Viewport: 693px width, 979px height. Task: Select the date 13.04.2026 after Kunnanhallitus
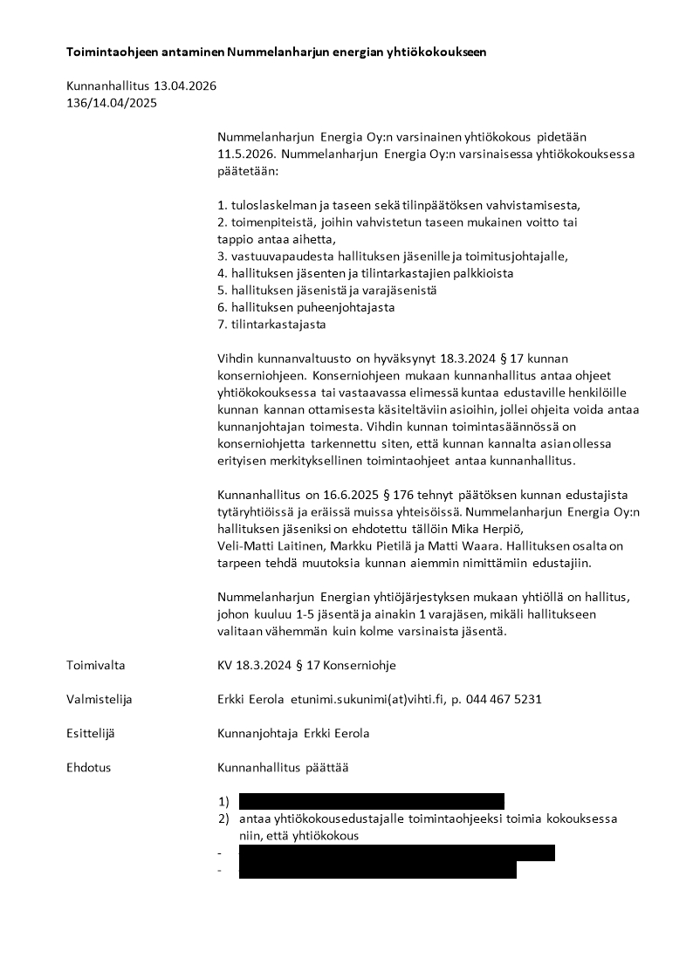185,86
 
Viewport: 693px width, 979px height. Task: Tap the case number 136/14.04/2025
112,103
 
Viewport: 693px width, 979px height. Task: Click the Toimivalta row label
95,666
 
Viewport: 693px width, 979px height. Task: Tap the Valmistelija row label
99,700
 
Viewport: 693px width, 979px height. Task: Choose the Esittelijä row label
91,734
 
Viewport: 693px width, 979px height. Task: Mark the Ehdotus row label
88,768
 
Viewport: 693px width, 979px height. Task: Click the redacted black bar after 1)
371,801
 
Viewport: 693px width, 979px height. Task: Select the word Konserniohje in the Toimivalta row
360,666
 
